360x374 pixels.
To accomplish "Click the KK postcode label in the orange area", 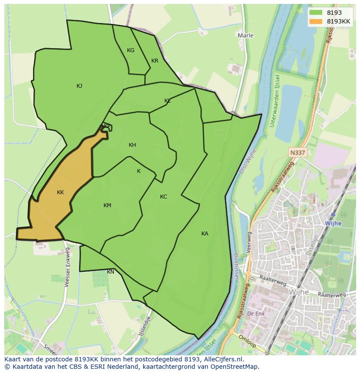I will pyautogui.click(x=60, y=192).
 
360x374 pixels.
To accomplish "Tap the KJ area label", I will pyautogui.click(x=79, y=86).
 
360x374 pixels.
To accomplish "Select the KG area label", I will pyautogui.click(x=130, y=50).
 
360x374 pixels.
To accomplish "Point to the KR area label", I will pyautogui.click(x=155, y=61).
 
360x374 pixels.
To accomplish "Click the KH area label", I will pyautogui.click(x=132, y=145).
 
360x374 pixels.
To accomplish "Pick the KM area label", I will pyautogui.click(x=107, y=205).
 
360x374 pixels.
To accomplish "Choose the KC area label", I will pyautogui.click(x=163, y=197).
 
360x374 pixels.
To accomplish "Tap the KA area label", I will pyautogui.click(x=205, y=234).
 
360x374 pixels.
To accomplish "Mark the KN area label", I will pyautogui.click(x=111, y=272).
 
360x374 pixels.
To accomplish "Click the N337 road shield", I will pyautogui.click(x=297, y=152).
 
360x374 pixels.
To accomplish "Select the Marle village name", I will pyautogui.click(x=246, y=35).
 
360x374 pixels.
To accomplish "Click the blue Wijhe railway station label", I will pyautogui.click(x=333, y=223).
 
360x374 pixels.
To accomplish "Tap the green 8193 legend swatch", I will pyautogui.click(x=316, y=13).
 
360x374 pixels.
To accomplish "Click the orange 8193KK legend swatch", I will pyautogui.click(x=316, y=21).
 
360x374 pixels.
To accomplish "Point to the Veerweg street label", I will pyautogui.click(x=250, y=239).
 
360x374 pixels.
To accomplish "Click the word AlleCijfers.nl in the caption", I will pyautogui.click(x=221, y=359).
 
